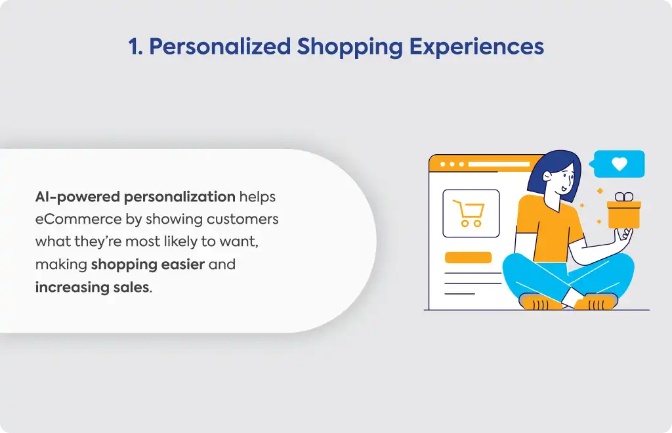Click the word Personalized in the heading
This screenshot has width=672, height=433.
tap(220, 47)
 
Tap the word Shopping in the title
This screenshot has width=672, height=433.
tap(350, 47)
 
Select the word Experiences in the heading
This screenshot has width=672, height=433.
tap(476, 47)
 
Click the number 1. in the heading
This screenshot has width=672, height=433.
tap(135, 47)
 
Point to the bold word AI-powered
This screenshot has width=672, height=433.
tap(77, 197)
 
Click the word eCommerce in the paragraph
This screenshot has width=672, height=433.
tap(79, 219)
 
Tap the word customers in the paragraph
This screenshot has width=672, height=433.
tap(243, 219)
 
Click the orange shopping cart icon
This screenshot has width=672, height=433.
tap(469, 213)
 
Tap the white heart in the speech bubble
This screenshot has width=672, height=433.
tap(619, 163)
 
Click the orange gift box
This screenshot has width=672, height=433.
tap(624, 215)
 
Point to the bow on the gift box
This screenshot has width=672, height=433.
tap(624, 197)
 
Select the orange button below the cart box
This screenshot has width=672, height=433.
tap(468, 257)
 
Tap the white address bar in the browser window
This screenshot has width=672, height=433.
tap(499, 164)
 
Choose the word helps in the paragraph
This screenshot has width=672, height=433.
tap(257, 197)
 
